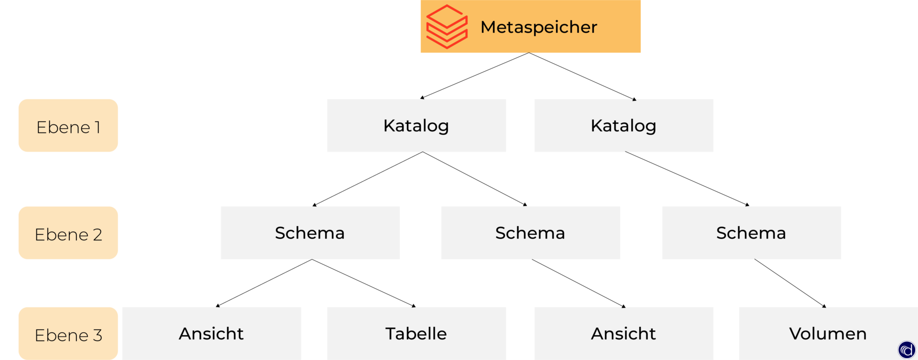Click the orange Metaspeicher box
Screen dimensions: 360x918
pyautogui.click(x=530, y=26)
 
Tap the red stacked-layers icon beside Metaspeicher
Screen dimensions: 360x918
pyautogui.click(x=447, y=27)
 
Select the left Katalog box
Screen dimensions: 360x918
pyautogui.click(x=416, y=126)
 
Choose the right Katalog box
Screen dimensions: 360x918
pyautogui.click(x=623, y=126)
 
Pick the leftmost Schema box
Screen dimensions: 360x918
pyautogui.click(x=310, y=233)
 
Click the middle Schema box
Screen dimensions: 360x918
pyautogui.click(x=530, y=233)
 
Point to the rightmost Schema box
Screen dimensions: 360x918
pyautogui.click(x=751, y=233)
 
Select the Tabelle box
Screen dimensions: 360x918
pyautogui.click(x=416, y=333)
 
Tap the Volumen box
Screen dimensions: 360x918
pyautogui.click(x=828, y=333)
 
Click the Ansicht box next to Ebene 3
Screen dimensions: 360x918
pyautogui.click(x=211, y=333)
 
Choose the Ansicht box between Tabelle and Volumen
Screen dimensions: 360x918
pyautogui.click(x=623, y=333)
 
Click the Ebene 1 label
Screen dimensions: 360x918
pyautogui.click(x=68, y=126)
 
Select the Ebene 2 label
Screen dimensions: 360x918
pyautogui.click(x=68, y=233)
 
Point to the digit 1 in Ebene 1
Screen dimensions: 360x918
pyautogui.click(x=98, y=128)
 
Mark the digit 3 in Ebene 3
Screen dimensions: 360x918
pyautogui.click(x=98, y=336)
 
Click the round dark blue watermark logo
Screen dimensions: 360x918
pyautogui.click(x=907, y=350)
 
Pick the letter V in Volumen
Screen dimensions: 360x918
pyautogui.click(x=796, y=334)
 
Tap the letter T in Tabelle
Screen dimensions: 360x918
pyautogui.click(x=391, y=334)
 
